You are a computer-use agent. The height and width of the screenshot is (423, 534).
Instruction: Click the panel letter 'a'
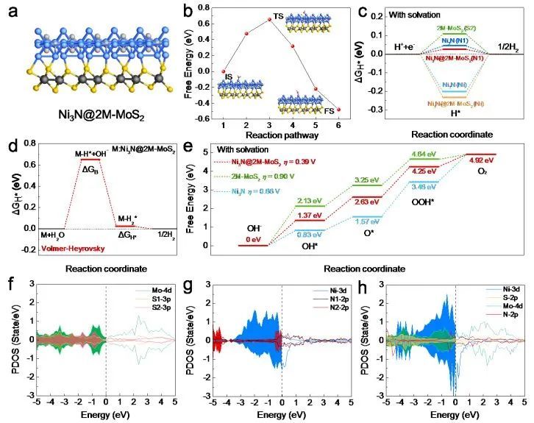[x=12, y=12]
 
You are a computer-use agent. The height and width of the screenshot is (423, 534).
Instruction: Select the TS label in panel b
[x=278, y=15]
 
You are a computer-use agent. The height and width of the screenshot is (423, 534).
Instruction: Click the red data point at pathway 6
[x=339, y=110]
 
